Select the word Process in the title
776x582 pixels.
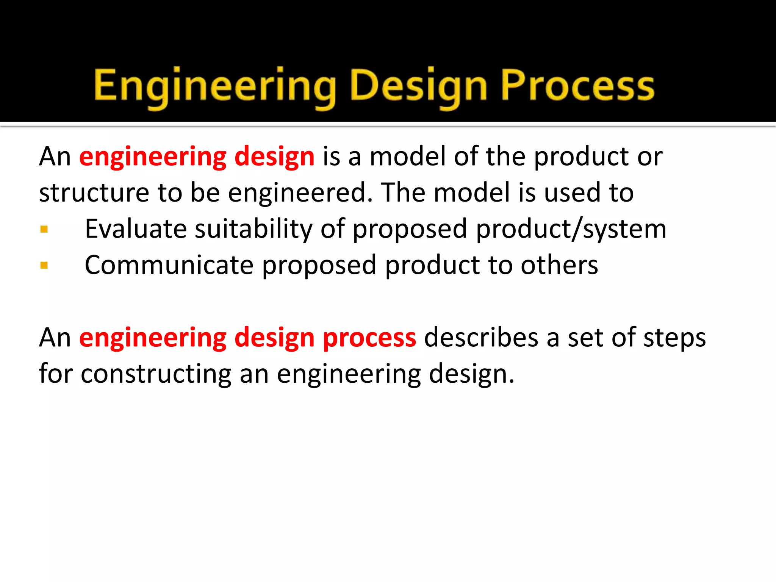pos(577,87)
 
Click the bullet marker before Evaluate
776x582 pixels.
pos(44,229)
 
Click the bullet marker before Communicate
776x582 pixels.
pos(44,265)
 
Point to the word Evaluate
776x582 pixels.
pos(136,229)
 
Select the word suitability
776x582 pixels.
pos(253,229)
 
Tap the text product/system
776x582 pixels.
pos(571,230)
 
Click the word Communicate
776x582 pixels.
pos(169,265)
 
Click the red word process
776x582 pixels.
pos(369,338)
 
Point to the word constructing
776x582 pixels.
pos(156,374)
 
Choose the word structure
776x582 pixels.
pos(94,193)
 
